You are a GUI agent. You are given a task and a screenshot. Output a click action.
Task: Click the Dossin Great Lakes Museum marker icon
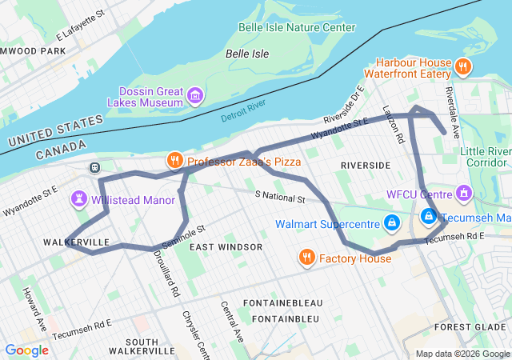click(194, 97)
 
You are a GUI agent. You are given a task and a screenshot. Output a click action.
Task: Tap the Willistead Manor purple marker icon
click(80, 198)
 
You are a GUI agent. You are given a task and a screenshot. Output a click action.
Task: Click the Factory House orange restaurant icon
click(306, 258)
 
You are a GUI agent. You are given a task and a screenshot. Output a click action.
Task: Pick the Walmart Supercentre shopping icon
click(391, 222)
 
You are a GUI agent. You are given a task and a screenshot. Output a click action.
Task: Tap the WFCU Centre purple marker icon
click(463, 193)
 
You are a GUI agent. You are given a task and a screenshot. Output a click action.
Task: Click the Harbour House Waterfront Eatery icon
click(463, 67)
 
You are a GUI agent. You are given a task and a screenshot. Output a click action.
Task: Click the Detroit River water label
click(243, 111)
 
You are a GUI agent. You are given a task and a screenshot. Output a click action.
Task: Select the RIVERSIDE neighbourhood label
click(365, 165)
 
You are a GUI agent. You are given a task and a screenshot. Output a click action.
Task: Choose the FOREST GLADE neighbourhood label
click(470, 327)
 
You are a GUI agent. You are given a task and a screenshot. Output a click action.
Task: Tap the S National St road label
click(280, 196)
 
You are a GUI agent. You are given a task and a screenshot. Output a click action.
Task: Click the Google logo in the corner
click(26, 350)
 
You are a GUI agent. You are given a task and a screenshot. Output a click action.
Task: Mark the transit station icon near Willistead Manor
click(94, 167)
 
